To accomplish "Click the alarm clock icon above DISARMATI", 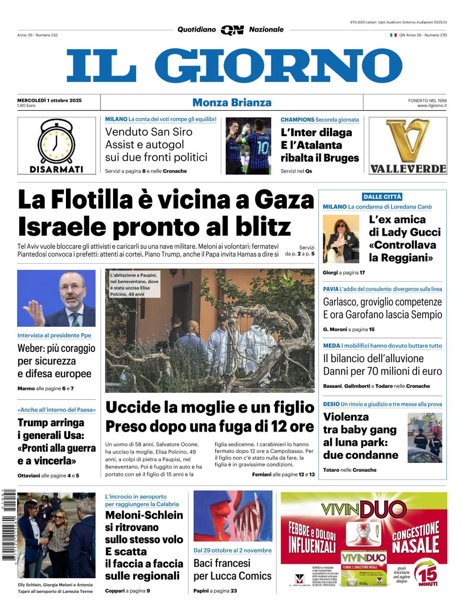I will (56, 141).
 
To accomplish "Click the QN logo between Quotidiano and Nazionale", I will (232, 30).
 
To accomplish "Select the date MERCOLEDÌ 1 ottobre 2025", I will (49, 100).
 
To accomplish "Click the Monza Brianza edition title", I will (232, 102).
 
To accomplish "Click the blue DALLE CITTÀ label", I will (382, 197).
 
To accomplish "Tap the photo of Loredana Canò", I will (341, 239).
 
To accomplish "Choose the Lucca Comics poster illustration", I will (233, 516).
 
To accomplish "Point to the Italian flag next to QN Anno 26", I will (393, 35).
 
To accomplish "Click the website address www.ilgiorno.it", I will (432, 106).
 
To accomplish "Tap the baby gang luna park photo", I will (425, 437).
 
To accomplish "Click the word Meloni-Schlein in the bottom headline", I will (144, 515).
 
